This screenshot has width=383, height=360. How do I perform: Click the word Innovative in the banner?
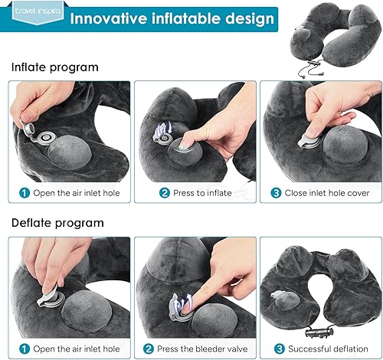(x=107, y=17)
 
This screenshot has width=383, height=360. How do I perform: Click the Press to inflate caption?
(x=202, y=193)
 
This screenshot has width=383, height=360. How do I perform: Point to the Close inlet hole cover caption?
(x=326, y=193)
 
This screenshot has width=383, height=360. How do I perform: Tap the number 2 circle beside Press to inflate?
(x=164, y=193)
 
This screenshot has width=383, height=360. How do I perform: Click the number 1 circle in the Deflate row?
(x=25, y=349)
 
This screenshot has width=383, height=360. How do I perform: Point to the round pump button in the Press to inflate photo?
(x=191, y=146)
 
